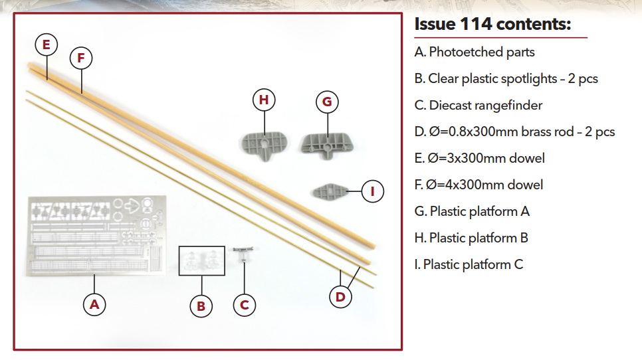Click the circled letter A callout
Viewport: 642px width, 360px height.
[x=94, y=304]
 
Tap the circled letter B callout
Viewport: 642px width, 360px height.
[x=201, y=306]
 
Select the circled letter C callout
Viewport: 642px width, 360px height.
[x=245, y=305]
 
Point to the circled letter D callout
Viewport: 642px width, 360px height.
[x=340, y=297]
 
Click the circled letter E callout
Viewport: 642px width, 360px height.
[x=46, y=45]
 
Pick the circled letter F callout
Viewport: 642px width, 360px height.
[x=81, y=58]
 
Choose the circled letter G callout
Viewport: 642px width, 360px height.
[x=327, y=102]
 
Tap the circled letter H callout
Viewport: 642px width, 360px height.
[x=265, y=100]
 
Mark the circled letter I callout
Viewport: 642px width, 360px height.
[x=373, y=192]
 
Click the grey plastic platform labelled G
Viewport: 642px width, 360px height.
[x=327, y=143]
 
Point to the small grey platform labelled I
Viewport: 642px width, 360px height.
[x=329, y=191]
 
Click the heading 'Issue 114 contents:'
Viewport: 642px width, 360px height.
[x=492, y=25]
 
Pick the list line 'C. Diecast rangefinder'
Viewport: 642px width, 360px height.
[x=478, y=105]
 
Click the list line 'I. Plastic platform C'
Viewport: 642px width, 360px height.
[x=469, y=264]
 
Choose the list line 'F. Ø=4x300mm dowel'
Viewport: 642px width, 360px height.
[x=478, y=185]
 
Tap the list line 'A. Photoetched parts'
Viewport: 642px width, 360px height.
[x=474, y=52]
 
